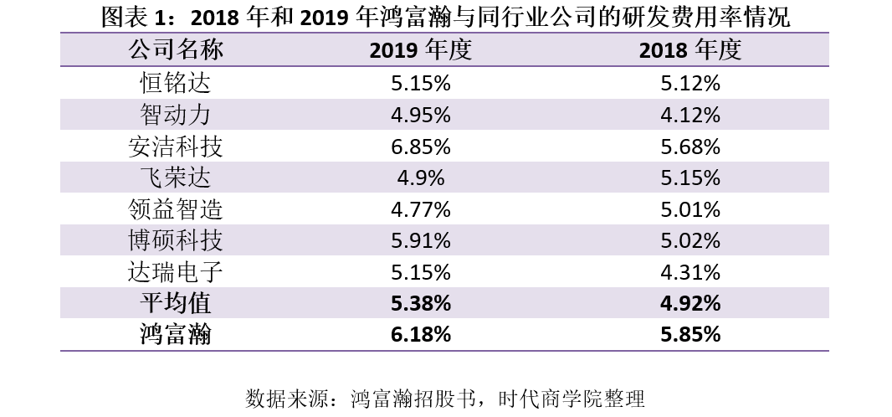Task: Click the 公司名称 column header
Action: point(176,50)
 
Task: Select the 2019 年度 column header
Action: point(421,50)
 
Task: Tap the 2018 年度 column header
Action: point(690,50)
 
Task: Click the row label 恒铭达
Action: point(176,83)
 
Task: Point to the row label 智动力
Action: point(176,115)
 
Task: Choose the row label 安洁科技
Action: point(176,147)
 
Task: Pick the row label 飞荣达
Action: point(176,178)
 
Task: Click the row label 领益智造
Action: point(176,209)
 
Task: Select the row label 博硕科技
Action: point(176,241)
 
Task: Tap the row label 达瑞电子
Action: point(176,272)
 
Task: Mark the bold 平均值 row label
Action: point(176,303)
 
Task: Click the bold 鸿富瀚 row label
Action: point(176,335)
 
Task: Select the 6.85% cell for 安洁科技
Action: point(421,147)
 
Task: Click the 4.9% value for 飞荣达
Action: point(421,178)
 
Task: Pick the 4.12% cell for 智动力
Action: point(690,115)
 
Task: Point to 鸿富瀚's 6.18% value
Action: point(421,335)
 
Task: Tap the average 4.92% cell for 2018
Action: point(690,303)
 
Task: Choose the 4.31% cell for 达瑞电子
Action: point(690,272)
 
